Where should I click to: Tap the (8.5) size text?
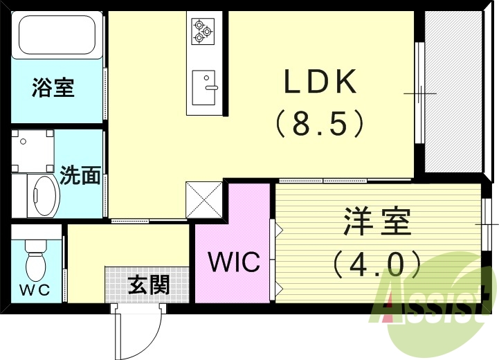point(320,125)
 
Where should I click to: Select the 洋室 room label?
point(377,222)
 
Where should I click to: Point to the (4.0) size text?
point(377,263)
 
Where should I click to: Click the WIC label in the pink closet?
point(234,262)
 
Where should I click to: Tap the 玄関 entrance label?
point(148,284)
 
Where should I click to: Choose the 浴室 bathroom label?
point(53,89)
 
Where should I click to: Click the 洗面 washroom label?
point(80,176)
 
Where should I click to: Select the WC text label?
point(35,290)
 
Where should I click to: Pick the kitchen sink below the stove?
point(203,87)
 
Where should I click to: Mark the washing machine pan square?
point(33,152)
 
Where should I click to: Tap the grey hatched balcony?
point(453,91)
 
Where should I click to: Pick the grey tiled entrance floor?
point(147,284)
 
